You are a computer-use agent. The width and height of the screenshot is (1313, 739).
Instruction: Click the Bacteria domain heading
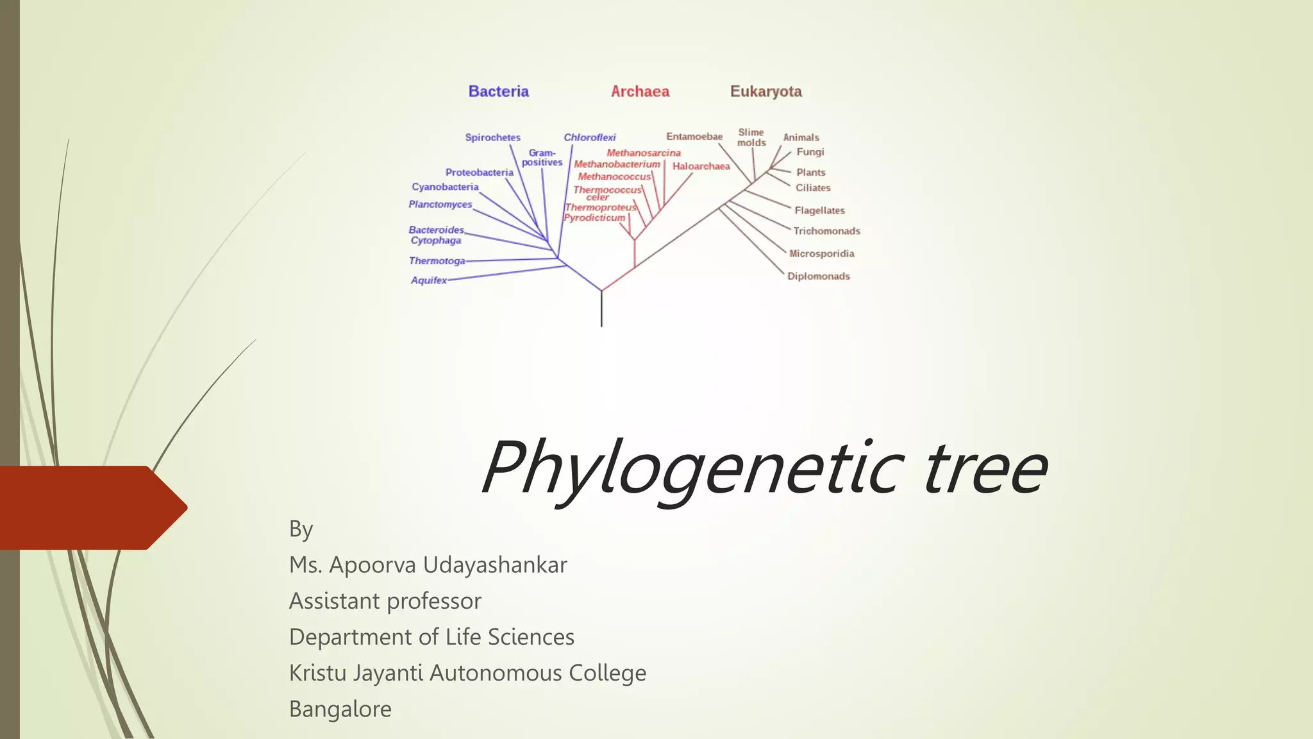pyautogui.click(x=498, y=92)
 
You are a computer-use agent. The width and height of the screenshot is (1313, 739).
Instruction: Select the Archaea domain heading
pyautogui.click(x=640, y=92)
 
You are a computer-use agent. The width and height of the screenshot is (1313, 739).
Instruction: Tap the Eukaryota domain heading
pyautogui.click(x=765, y=92)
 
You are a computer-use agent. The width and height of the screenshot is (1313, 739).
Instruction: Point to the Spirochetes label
pyautogui.click(x=492, y=137)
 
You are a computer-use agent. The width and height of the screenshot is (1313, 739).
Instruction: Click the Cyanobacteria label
pyautogui.click(x=445, y=187)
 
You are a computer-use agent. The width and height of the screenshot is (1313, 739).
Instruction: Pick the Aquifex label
pyautogui.click(x=429, y=280)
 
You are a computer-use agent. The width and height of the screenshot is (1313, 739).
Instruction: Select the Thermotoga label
pyautogui.click(x=437, y=261)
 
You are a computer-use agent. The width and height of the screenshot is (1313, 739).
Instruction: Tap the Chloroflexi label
pyautogui.click(x=589, y=137)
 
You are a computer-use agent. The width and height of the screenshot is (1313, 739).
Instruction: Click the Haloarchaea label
pyautogui.click(x=701, y=166)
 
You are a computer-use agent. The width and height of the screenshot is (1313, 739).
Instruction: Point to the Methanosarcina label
pyautogui.click(x=644, y=153)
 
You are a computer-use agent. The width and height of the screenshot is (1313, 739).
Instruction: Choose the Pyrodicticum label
pyautogui.click(x=594, y=218)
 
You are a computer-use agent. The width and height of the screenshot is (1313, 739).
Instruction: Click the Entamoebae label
pyautogui.click(x=694, y=137)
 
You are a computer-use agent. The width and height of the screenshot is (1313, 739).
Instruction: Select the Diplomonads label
pyautogui.click(x=818, y=276)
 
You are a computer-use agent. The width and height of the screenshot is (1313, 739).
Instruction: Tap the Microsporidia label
pyautogui.click(x=821, y=253)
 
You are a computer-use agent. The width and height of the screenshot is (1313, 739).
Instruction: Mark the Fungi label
pyautogui.click(x=810, y=152)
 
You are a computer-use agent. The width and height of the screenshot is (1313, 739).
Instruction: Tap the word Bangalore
pyautogui.click(x=340, y=709)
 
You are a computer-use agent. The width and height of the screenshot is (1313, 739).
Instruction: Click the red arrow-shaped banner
pyautogui.click(x=90, y=507)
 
